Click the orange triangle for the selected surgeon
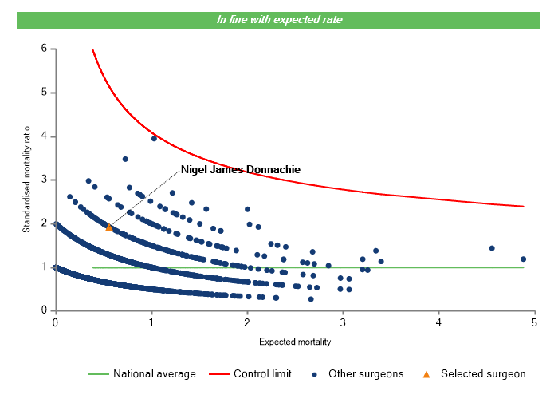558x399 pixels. coord(109,227)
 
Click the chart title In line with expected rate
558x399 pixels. coord(280,19)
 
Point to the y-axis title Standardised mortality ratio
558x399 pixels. coord(27,179)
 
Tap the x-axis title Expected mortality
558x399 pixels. coord(295,342)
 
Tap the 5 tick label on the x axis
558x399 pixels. coord(535,322)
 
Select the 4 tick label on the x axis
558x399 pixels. coord(439,322)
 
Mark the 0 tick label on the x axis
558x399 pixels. coord(55,322)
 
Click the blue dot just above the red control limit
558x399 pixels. coord(154,138)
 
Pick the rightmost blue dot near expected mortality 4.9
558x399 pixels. coord(523,259)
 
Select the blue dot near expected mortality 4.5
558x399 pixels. coord(492,248)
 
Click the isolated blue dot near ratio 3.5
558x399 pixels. coord(125,159)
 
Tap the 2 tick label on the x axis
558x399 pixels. coord(247,322)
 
